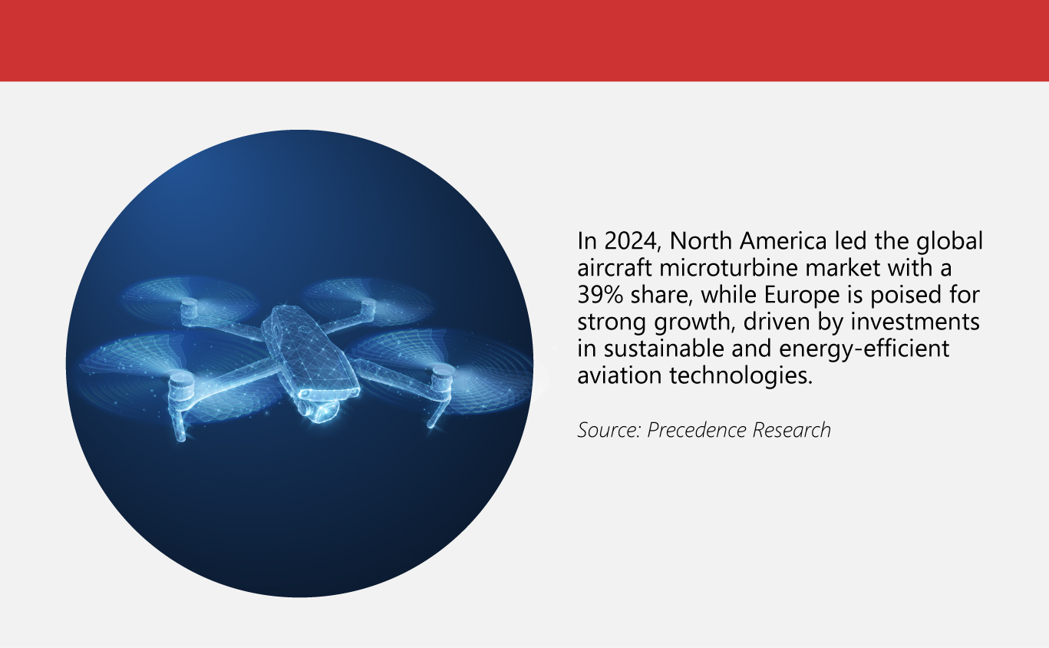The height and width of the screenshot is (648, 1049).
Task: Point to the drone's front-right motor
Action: click(442, 378)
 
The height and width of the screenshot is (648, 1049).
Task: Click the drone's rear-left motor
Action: click(190, 310)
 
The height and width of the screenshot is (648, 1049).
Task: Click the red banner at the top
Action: click(524, 40)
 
